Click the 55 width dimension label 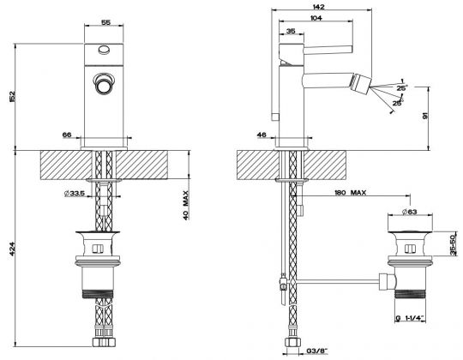[105, 22]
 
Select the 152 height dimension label [12, 97]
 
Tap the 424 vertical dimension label [12, 249]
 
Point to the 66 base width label [67, 135]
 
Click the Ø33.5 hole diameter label [75, 194]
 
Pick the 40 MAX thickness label [185, 206]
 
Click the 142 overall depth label [318, 7]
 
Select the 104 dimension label [316, 18]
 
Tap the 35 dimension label [291, 31]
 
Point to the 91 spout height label [425, 116]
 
